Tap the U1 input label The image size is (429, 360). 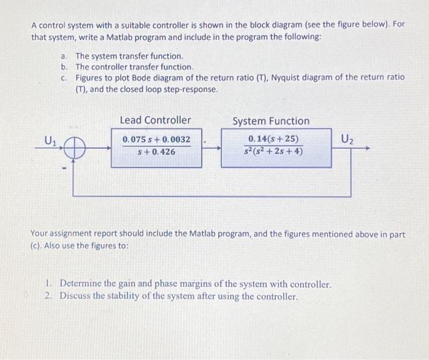point(51,140)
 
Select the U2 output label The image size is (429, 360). point(346,139)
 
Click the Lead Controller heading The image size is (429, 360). point(155,120)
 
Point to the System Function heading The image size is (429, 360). point(271,121)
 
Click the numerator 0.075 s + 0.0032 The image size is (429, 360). point(156,140)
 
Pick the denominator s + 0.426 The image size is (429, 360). point(156,151)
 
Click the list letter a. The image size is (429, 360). point(63,56)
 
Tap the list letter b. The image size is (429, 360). point(63,66)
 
